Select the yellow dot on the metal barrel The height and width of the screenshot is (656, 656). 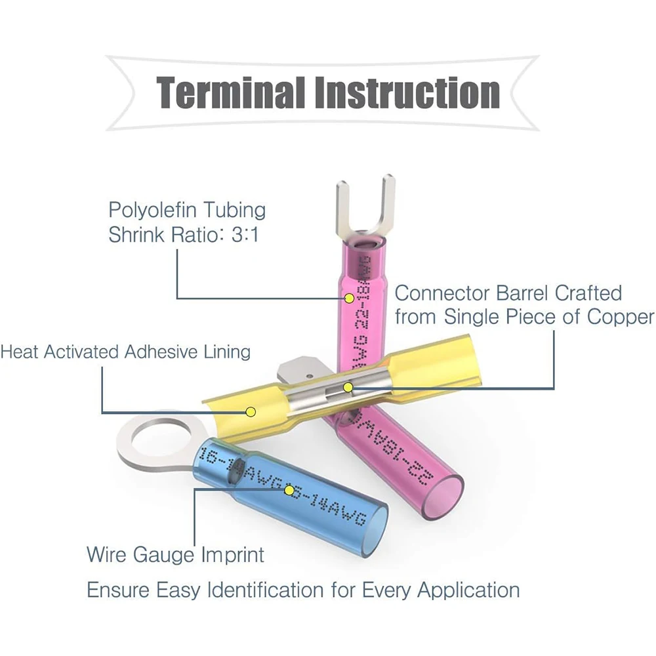pos(348,388)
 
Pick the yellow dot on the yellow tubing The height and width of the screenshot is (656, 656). pos(250,412)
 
